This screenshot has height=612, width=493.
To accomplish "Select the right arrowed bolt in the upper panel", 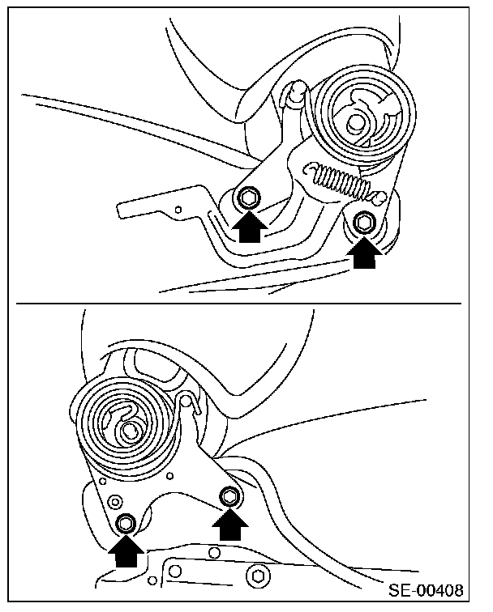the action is click(x=363, y=221).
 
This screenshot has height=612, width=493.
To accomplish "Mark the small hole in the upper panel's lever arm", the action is click(x=178, y=209).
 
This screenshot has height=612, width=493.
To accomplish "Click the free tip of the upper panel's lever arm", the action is click(x=122, y=208).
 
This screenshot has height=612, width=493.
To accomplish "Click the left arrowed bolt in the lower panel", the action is click(x=126, y=522).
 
